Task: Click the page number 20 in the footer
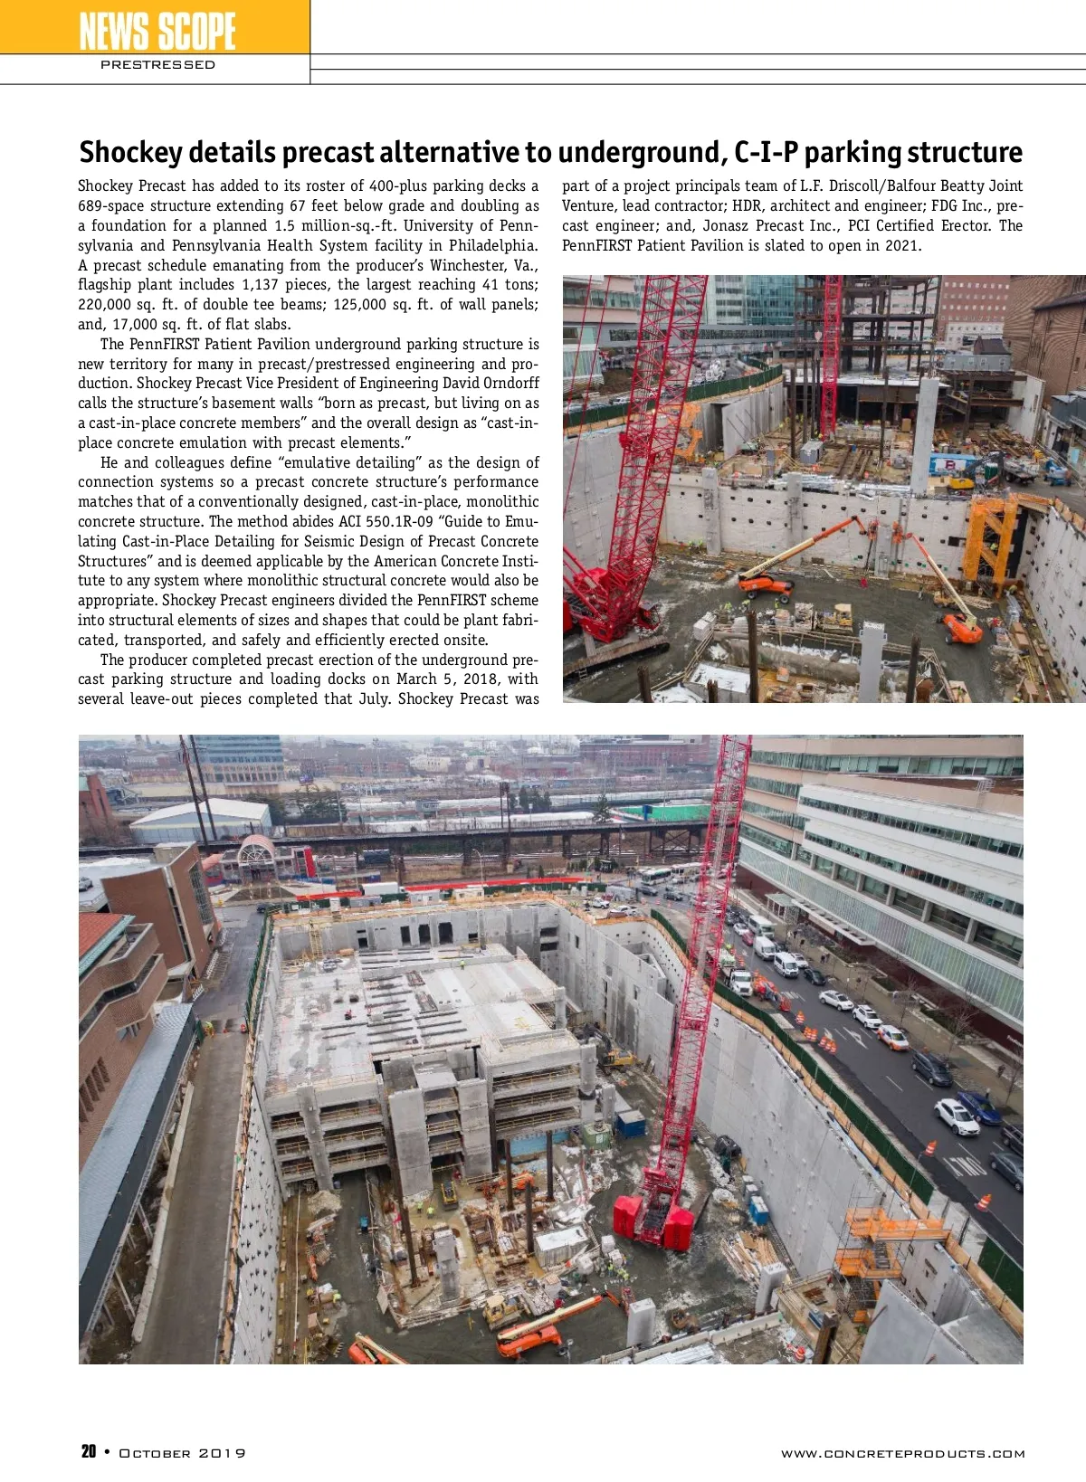coord(89,1451)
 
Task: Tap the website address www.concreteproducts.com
coord(902,1453)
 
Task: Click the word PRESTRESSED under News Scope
coord(157,65)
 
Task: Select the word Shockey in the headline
coord(130,152)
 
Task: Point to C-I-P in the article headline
coord(766,152)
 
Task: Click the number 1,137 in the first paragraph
coord(262,285)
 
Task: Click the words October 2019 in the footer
coord(182,1453)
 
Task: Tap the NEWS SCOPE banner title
coord(157,30)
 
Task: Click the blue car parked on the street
coord(979,1106)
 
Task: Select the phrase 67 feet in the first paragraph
coord(333,206)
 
